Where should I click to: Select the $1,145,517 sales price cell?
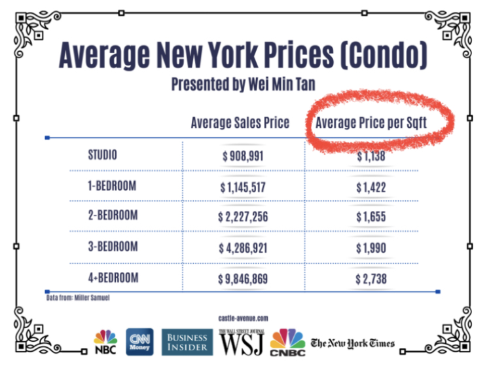pyautogui.click(x=243, y=188)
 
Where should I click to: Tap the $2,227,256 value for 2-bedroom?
pyautogui.click(x=243, y=217)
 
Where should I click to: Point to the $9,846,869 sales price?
pyautogui.click(x=243, y=279)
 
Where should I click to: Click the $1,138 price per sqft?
pyautogui.click(x=371, y=157)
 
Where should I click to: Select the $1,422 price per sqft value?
pyautogui.click(x=371, y=188)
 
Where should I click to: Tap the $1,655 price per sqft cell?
pyautogui.click(x=371, y=217)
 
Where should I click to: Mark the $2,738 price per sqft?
pyautogui.click(x=371, y=279)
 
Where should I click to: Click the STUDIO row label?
pyautogui.click(x=102, y=155)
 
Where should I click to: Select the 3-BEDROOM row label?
pyautogui.click(x=113, y=247)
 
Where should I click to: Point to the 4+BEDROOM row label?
pyautogui.click(x=113, y=278)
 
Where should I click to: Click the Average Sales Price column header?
pyautogui.click(x=240, y=123)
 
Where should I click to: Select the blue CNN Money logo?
pyautogui.click(x=139, y=342)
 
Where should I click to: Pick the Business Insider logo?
pyautogui.click(x=187, y=342)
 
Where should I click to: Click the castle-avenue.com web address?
pyautogui.click(x=243, y=318)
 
